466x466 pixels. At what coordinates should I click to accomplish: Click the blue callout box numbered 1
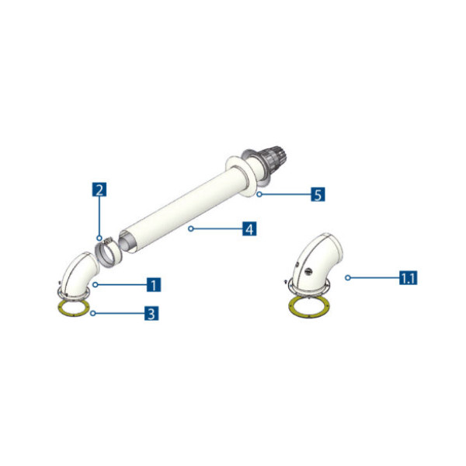(x=154, y=284)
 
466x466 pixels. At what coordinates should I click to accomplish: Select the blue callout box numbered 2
(x=99, y=190)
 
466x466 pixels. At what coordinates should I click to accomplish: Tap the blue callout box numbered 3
(x=152, y=314)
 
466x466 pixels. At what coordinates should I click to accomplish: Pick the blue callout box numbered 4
(x=249, y=229)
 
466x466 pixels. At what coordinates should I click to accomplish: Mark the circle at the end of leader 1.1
(x=348, y=276)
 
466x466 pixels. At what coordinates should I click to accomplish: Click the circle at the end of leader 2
(x=99, y=238)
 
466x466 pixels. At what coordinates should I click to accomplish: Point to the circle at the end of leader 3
(x=92, y=314)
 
